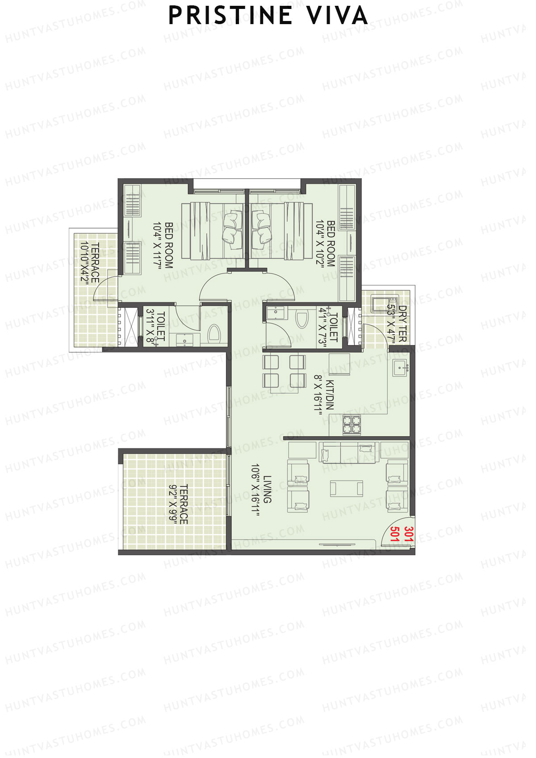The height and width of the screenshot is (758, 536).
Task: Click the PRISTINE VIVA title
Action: pyautogui.click(x=268, y=16)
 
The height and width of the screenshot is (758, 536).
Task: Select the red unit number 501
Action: pyautogui.click(x=395, y=534)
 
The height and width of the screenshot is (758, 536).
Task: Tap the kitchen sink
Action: pyautogui.click(x=400, y=368)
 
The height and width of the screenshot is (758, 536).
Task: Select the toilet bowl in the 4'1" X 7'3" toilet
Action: pyautogui.click(x=302, y=319)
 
